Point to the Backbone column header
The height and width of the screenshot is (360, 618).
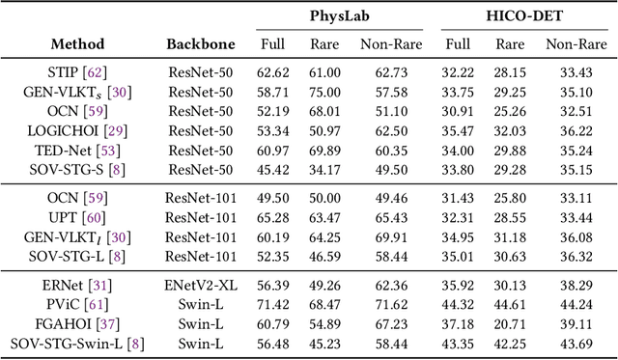pos(200,44)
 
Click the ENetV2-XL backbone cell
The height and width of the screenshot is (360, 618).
pos(200,286)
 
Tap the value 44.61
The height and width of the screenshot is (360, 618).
pos(511,305)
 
